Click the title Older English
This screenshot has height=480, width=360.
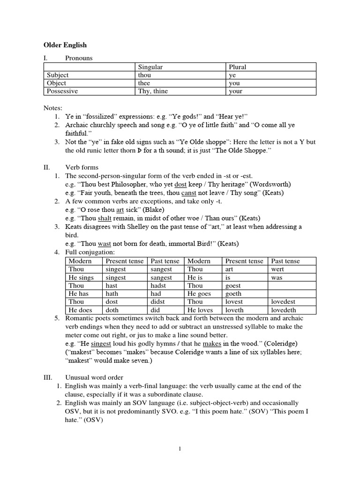pos(65,45)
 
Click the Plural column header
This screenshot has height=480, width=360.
pos(237,67)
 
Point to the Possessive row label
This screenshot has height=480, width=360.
pos(62,91)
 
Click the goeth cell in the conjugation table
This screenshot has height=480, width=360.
pos(234,293)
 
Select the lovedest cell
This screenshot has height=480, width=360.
pos(283,302)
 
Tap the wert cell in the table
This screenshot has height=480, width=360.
pos(277,269)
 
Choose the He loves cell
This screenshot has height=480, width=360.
pos(200,310)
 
